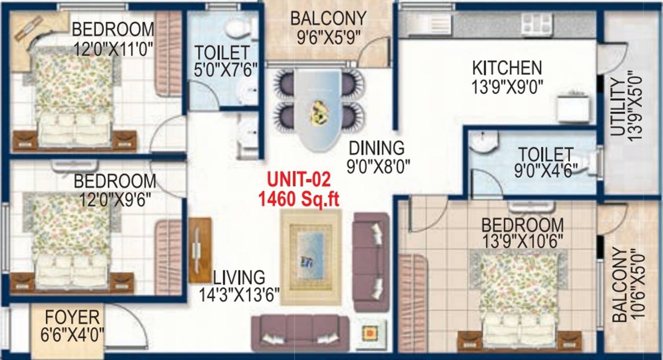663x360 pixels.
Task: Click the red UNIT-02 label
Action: click(x=298, y=180)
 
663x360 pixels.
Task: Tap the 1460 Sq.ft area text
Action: click(x=298, y=199)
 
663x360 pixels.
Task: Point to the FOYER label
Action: click(x=72, y=316)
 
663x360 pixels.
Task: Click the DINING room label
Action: click(x=377, y=148)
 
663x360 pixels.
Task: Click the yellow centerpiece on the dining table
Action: click(x=318, y=113)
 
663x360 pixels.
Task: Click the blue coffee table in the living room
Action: click(x=311, y=257)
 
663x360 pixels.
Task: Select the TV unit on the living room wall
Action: click(x=199, y=250)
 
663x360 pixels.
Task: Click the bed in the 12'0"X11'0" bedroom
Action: click(x=73, y=99)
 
